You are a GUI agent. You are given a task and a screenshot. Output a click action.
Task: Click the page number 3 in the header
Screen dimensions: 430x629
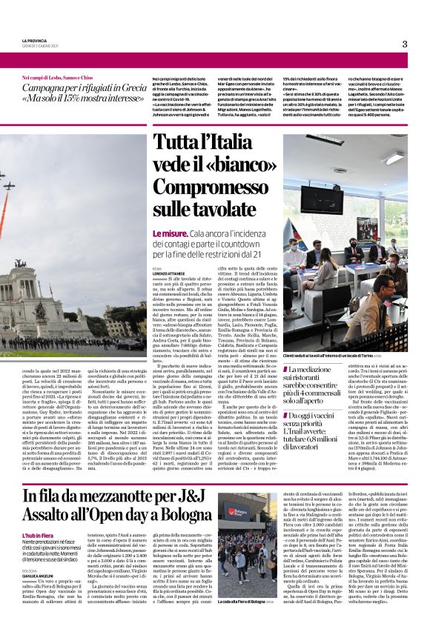coord(405,44)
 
